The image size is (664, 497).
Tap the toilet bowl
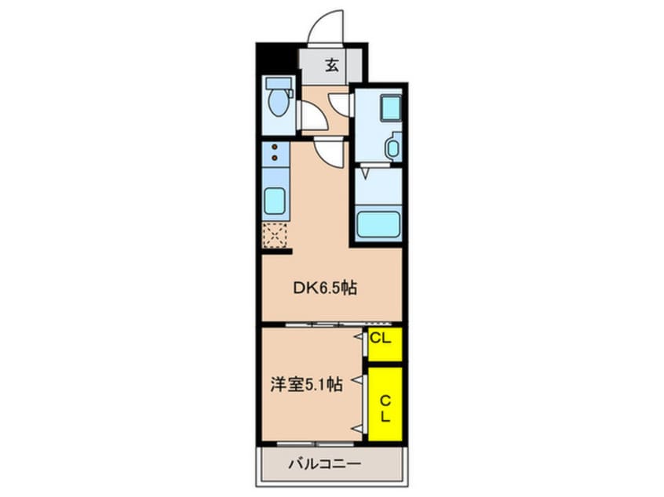tap(276, 103)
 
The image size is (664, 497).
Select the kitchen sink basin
tap(275, 201)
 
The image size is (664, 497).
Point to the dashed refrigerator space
tap(275, 234)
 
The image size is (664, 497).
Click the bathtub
tap(378, 224)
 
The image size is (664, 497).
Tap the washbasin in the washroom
tap(392, 146)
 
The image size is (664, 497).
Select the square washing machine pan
tap(390, 107)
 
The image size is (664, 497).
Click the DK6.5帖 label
tap(325, 288)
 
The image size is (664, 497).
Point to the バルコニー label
tap(329, 463)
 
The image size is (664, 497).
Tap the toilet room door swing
tap(312, 118)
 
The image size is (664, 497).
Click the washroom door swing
tap(341, 103)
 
